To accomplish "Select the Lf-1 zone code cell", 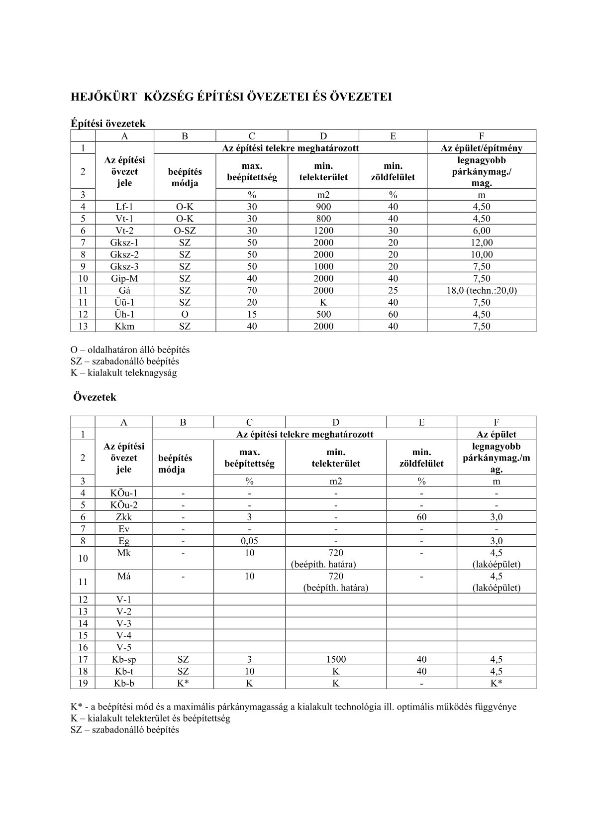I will click(124, 207).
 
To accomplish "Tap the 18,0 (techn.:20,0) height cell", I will click(481, 290).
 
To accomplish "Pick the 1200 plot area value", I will click(323, 231).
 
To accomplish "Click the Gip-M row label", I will click(124, 278).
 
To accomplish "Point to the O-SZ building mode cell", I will click(185, 231).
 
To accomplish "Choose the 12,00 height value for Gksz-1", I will click(481, 242).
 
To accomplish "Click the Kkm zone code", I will click(124, 326).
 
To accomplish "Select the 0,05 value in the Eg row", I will click(249, 541).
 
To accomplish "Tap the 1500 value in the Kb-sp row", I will click(335, 659).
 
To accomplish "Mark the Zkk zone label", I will click(124, 517).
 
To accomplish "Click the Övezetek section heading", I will click(95, 397).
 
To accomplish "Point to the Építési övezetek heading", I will click(108, 123).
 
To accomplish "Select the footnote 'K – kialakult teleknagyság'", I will click(123, 372).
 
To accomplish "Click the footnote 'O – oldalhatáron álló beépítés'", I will click(130, 350).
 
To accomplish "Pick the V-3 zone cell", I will click(124, 623).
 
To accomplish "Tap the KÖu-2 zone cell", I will click(124, 505).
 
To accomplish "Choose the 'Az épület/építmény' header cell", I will click(481, 148).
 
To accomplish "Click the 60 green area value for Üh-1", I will click(393, 314).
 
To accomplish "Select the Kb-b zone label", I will click(124, 683).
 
